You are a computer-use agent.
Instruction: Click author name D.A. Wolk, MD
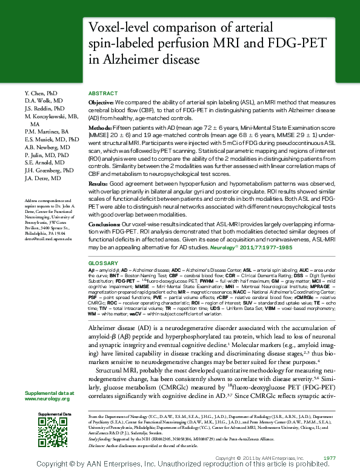[x=44, y=100]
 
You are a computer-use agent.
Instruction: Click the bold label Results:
[x=99, y=183]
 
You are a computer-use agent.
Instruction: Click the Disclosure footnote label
[x=99, y=445]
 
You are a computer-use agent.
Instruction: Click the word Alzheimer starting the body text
[x=103, y=326]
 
